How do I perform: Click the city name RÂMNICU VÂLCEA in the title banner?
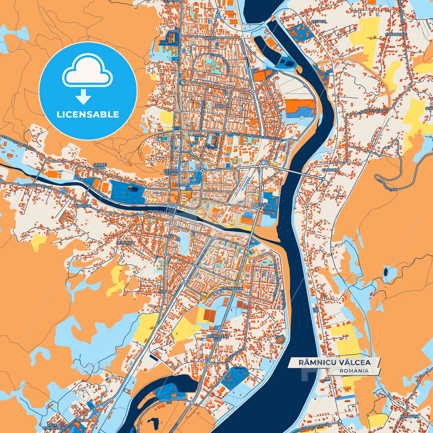(x=334, y=362)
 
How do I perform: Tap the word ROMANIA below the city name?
(x=354, y=371)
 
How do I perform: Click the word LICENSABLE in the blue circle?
(x=88, y=114)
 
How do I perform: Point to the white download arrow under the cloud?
(x=83, y=97)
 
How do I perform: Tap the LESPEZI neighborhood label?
(x=318, y=22)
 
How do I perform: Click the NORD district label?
(x=210, y=39)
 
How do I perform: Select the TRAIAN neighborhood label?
(x=221, y=106)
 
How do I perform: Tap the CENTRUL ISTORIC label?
(x=172, y=172)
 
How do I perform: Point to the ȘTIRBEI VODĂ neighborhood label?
(x=100, y=166)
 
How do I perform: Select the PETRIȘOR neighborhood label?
(x=125, y=243)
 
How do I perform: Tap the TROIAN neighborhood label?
(x=82, y=420)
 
